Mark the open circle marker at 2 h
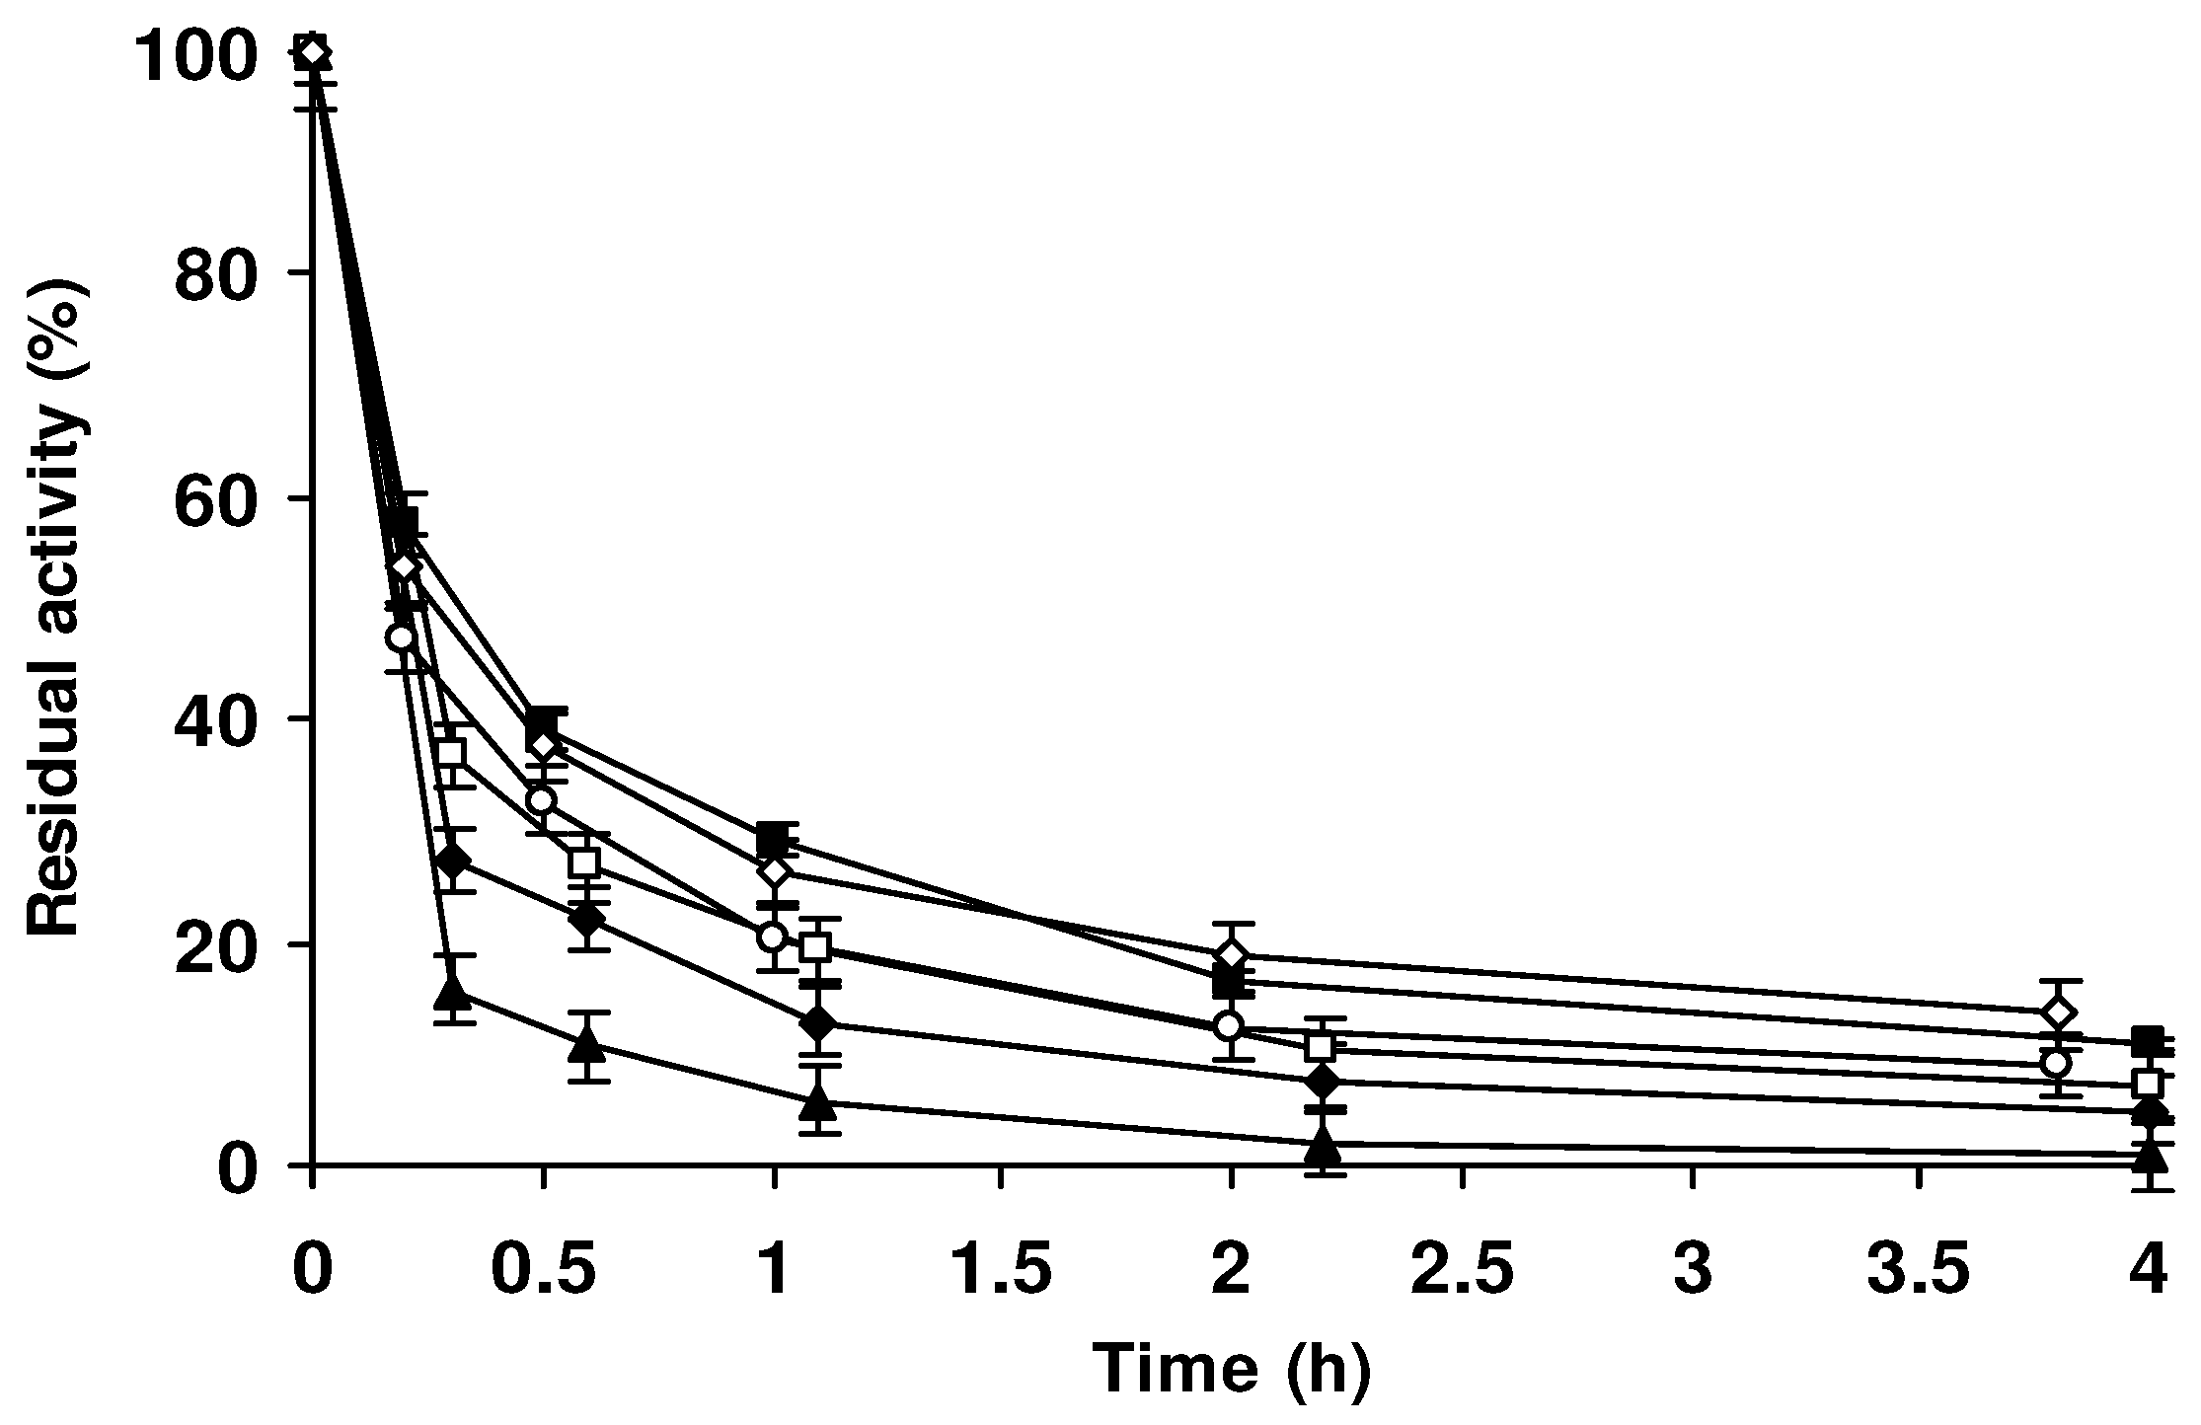[1228, 1026]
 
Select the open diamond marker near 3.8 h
[2056, 1013]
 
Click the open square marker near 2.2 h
[1320, 1047]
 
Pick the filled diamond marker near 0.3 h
[452, 860]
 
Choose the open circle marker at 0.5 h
[540, 799]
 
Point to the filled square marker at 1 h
[774, 841]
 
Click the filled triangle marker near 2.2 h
[1324, 1148]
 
